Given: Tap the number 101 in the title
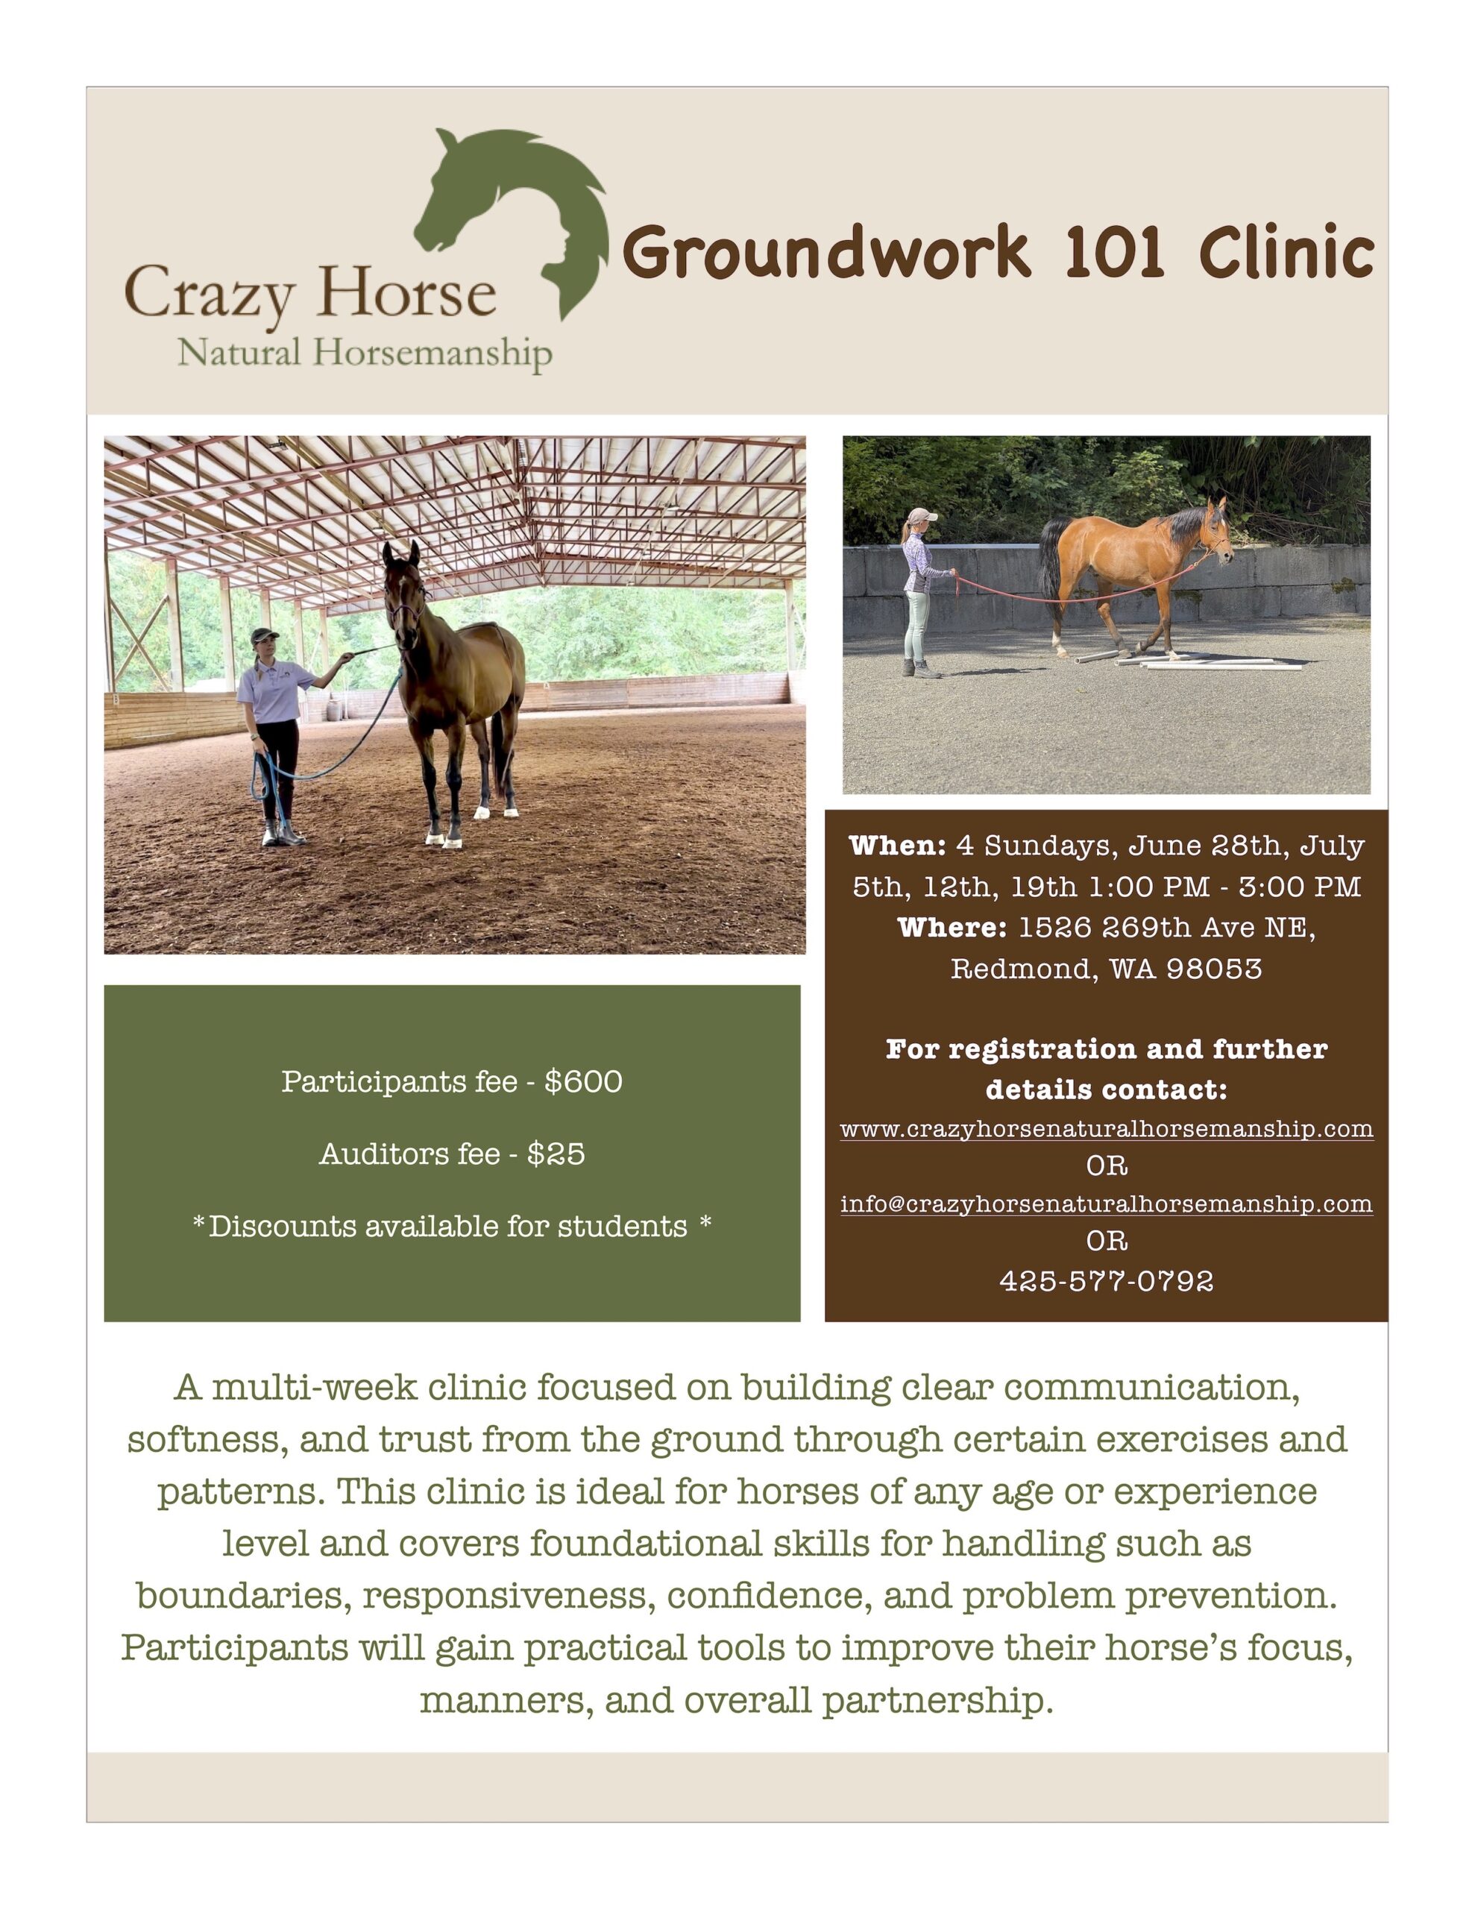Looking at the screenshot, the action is [1114, 253].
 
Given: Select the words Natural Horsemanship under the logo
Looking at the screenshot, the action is [365, 353].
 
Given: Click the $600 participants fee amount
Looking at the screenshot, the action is [583, 1082].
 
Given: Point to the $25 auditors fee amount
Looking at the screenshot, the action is [556, 1154].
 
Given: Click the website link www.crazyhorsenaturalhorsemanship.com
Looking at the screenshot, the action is [1106, 1128].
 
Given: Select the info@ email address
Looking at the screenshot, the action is [1106, 1204].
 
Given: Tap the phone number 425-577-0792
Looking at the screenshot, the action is [1106, 1280].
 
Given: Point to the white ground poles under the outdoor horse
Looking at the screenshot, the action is [1189, 659].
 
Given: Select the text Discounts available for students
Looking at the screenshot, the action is [447, 1227].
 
